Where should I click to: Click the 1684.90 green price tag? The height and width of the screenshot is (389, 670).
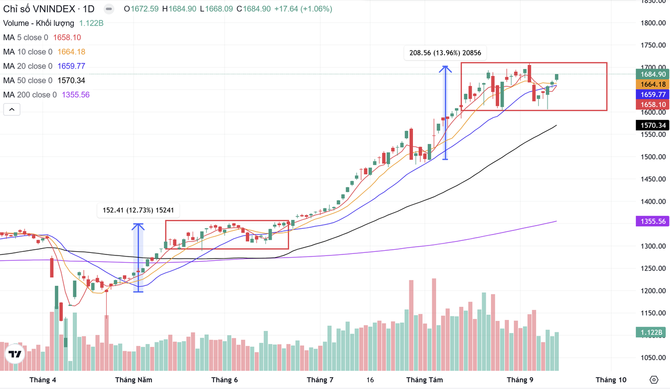[651, 74]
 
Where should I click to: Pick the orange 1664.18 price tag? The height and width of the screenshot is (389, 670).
[651, 84]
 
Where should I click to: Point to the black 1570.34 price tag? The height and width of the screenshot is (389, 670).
[651, 126]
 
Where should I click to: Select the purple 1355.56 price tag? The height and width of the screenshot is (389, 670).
[651, 221]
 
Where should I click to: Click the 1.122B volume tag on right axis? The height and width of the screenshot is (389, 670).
[651, 332]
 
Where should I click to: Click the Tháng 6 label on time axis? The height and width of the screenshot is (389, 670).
[225, 380]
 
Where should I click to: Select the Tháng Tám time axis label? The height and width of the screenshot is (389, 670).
[425, 380]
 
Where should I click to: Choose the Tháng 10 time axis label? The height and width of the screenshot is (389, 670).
[611, 380]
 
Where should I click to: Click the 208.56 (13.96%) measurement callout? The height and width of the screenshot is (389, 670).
[445, 53]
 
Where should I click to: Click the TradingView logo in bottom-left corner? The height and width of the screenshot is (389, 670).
[15, 354]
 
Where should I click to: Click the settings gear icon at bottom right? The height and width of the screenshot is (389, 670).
[653, 380]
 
